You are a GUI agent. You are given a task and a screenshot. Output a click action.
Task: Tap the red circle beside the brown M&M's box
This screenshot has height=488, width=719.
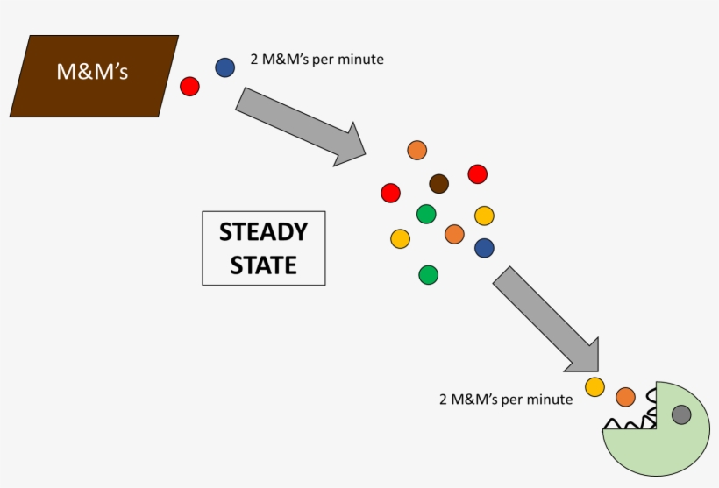[x=189, y=86]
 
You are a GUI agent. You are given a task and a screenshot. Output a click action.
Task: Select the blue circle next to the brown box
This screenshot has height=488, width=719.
[x=225, y=67]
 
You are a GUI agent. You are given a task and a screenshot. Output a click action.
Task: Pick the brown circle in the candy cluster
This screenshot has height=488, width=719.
[x=439, y=183]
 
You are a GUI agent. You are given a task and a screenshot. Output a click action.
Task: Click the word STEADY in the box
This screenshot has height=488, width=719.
[x=263, y=232]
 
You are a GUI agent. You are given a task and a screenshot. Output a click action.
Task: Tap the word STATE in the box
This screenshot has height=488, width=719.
[x=263, y=265]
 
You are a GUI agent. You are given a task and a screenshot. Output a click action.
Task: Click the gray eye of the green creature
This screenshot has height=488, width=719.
[x=681, y=414]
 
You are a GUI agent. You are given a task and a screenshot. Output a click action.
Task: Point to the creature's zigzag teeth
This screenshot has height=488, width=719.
[x=628, y=424]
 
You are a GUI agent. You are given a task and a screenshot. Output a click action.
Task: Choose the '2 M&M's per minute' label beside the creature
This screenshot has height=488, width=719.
[x=505, y=400]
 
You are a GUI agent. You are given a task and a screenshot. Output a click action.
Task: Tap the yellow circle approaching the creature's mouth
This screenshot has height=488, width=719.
[x=595, y=386]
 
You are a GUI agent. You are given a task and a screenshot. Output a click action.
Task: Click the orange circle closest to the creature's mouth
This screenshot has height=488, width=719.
[x=625, y=397]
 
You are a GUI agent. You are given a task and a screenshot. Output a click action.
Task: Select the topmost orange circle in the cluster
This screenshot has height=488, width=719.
[x=417, y=150]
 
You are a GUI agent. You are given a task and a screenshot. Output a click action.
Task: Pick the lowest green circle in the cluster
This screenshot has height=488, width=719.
[x=428, y=275]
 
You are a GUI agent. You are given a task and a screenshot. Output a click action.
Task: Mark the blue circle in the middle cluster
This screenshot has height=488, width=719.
[x=484, y=248]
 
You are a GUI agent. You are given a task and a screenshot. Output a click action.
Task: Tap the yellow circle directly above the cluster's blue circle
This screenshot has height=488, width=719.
[x=484, y=216]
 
